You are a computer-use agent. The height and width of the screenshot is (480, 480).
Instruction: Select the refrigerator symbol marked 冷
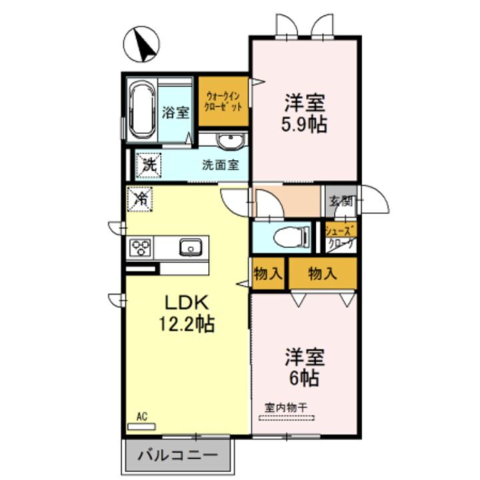point(141,199)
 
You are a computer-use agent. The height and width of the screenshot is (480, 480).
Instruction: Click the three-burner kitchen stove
point(142,248)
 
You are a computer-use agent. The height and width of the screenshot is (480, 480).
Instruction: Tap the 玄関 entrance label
point(339,199)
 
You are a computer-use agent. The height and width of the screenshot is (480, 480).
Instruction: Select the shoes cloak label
point(340,237)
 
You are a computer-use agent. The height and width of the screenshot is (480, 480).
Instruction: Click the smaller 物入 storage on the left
point(268,273)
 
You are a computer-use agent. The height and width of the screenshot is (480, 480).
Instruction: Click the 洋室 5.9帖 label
point(305,113)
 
